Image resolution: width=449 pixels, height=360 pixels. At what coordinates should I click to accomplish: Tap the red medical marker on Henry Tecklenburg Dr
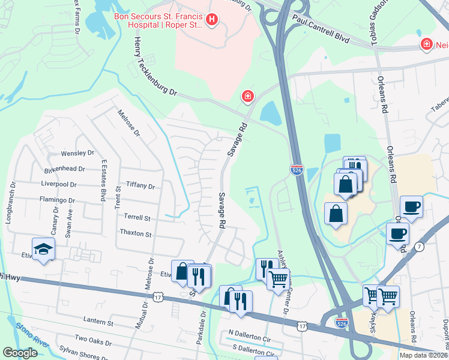[247, 96]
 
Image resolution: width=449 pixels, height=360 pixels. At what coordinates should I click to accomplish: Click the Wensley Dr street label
[77, 154]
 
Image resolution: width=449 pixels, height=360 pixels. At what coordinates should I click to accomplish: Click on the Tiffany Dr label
[140, 187]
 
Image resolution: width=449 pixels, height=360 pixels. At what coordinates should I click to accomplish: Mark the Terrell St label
[137, 217]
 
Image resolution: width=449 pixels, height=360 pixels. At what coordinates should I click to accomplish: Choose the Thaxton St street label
[136, 233]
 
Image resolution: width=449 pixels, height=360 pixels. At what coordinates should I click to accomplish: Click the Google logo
[20, 353]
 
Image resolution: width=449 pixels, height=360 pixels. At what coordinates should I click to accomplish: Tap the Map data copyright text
[423, 355]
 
